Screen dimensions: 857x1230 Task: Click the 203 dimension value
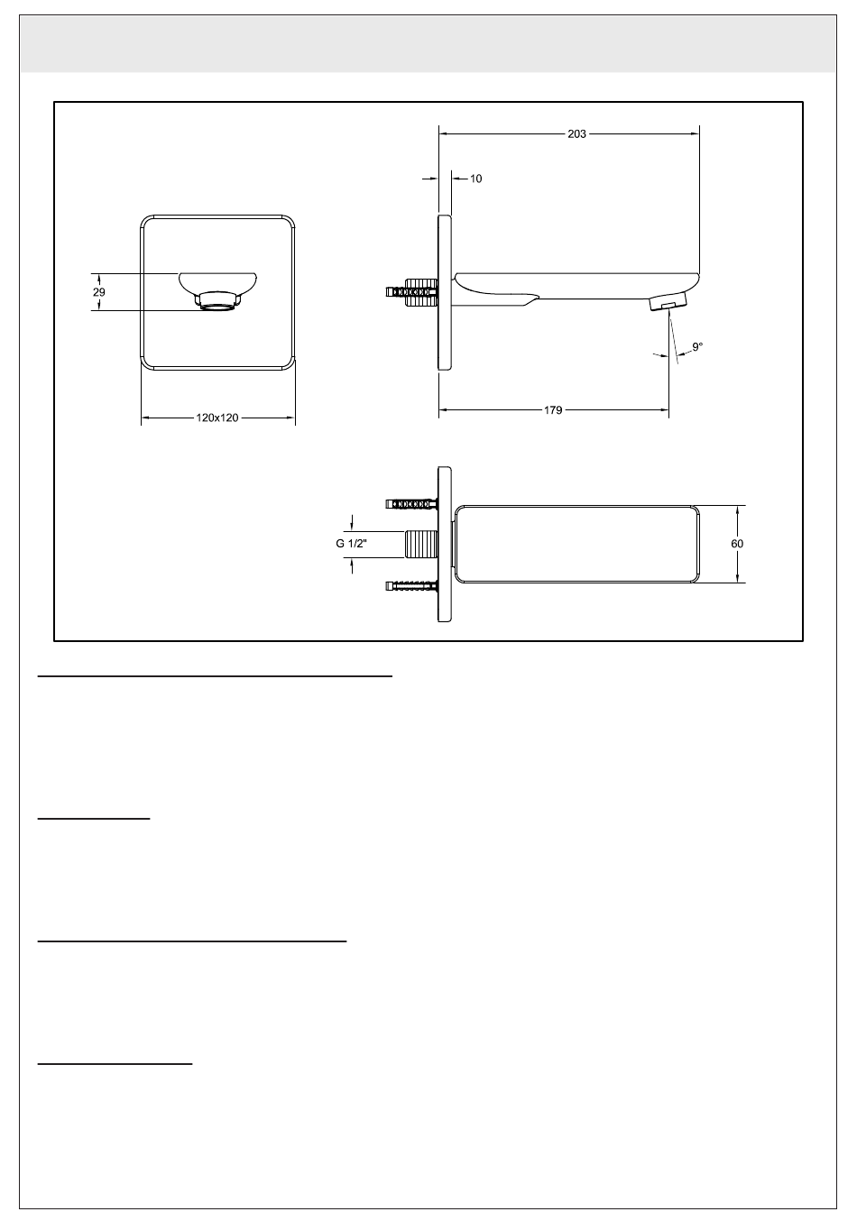point(576,133)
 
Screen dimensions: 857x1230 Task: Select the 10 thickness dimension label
point(476,179)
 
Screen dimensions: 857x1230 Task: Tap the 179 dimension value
point(553,410)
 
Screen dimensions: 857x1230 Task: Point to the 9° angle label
point(697,346)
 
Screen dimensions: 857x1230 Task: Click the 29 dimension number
point(99,292)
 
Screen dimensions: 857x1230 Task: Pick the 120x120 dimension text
point(217,418)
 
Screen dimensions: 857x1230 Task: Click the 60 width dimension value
point(737,544)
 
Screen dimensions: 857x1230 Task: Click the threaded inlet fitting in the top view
point(421,545)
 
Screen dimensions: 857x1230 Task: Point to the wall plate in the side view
point(444,292)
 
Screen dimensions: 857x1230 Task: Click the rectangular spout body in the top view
point(576,544)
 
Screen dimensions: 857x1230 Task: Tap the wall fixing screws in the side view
point(410,292)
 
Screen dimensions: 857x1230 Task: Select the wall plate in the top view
point(445,544)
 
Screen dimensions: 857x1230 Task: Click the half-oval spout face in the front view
point(219,281)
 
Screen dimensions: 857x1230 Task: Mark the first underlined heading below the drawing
point(215,674)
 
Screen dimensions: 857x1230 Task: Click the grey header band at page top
point(428,44)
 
